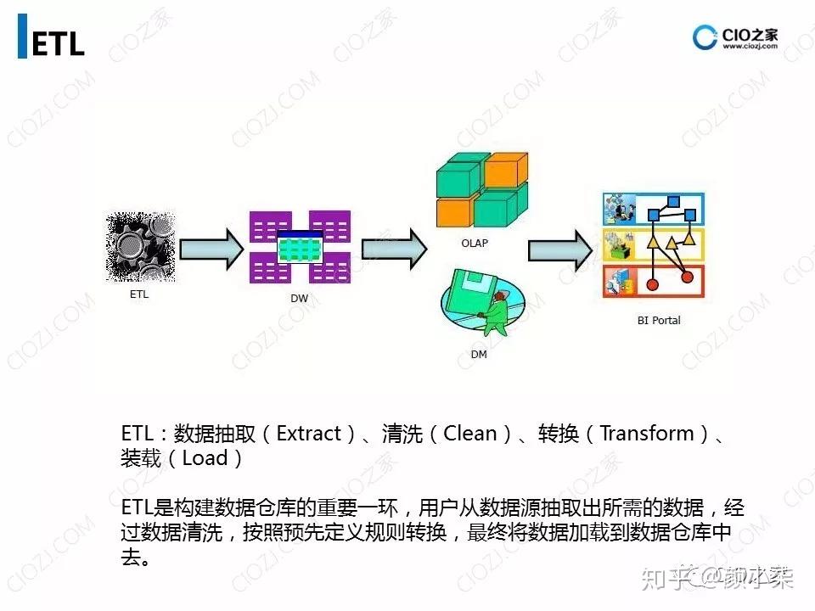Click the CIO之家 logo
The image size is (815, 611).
click(x=735, y=36)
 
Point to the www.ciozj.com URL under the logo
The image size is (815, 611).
click(x=750, y=48)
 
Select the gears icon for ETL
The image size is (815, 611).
click(x=140, y=247)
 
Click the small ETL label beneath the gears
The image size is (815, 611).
click(x=139, y=295)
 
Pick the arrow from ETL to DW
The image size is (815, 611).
click(x=211, y=248)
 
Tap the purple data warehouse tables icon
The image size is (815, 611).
click(x=300, y=247)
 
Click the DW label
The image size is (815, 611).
click(x=299, y=299)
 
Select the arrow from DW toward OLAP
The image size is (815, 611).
click(x=393, y=248)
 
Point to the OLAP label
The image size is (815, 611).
click(x=475, y=244)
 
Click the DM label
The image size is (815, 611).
click(x=479, y=354)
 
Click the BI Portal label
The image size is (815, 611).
click(x=659, y=320)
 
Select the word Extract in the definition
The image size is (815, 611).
click(x=309, y=434)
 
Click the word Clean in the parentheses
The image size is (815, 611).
click(x=470, y=434)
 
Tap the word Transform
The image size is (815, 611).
click(x=647, y=434)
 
